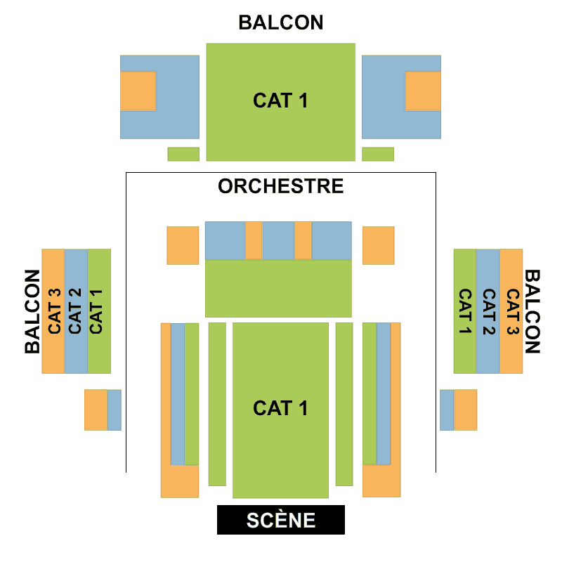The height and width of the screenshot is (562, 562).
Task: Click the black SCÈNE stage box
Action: coord(280,520)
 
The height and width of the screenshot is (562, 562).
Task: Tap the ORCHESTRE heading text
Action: coord(281,186)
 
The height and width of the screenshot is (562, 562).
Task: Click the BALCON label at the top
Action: coord(281,22)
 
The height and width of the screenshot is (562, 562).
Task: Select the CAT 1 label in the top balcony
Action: coord(280,101)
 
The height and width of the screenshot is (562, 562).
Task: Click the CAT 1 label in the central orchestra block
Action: coord(280,408)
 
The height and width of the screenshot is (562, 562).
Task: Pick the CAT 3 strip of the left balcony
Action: coord(53,311)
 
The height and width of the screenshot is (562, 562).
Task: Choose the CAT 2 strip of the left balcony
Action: coord(76,311)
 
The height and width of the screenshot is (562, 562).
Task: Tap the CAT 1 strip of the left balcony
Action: coord(99,311)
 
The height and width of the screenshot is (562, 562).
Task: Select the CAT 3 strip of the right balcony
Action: coord(511,311)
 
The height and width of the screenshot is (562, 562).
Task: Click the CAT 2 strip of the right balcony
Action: coord(488,311)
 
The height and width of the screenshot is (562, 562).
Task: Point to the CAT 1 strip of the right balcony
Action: coord(465,311)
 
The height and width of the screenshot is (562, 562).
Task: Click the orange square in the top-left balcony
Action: coord(138,91)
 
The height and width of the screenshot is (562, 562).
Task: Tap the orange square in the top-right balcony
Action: coord(423,91)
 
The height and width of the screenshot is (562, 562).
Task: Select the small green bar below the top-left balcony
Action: coord(183,154)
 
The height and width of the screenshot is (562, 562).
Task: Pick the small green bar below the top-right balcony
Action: coord(378,154)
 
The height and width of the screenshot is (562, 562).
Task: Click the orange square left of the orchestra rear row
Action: coord(183,245)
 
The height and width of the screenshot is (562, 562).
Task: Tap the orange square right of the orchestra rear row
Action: coord(378,245)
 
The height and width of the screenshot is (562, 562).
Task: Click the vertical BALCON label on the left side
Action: coord(32,311)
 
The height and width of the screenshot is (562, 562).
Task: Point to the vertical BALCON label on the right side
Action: coord(532,311)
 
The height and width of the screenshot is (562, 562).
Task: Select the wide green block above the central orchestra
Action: coord(278,289)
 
